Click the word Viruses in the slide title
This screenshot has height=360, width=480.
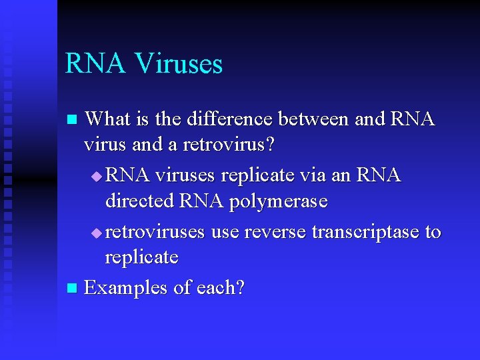[x=179, y=64]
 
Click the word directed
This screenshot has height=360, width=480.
[x=140, y=201]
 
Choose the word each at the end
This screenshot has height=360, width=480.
[x=221, y=288]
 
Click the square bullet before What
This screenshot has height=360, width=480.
[x=73, y=121]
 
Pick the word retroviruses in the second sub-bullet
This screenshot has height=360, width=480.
[x=155, y=232]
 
